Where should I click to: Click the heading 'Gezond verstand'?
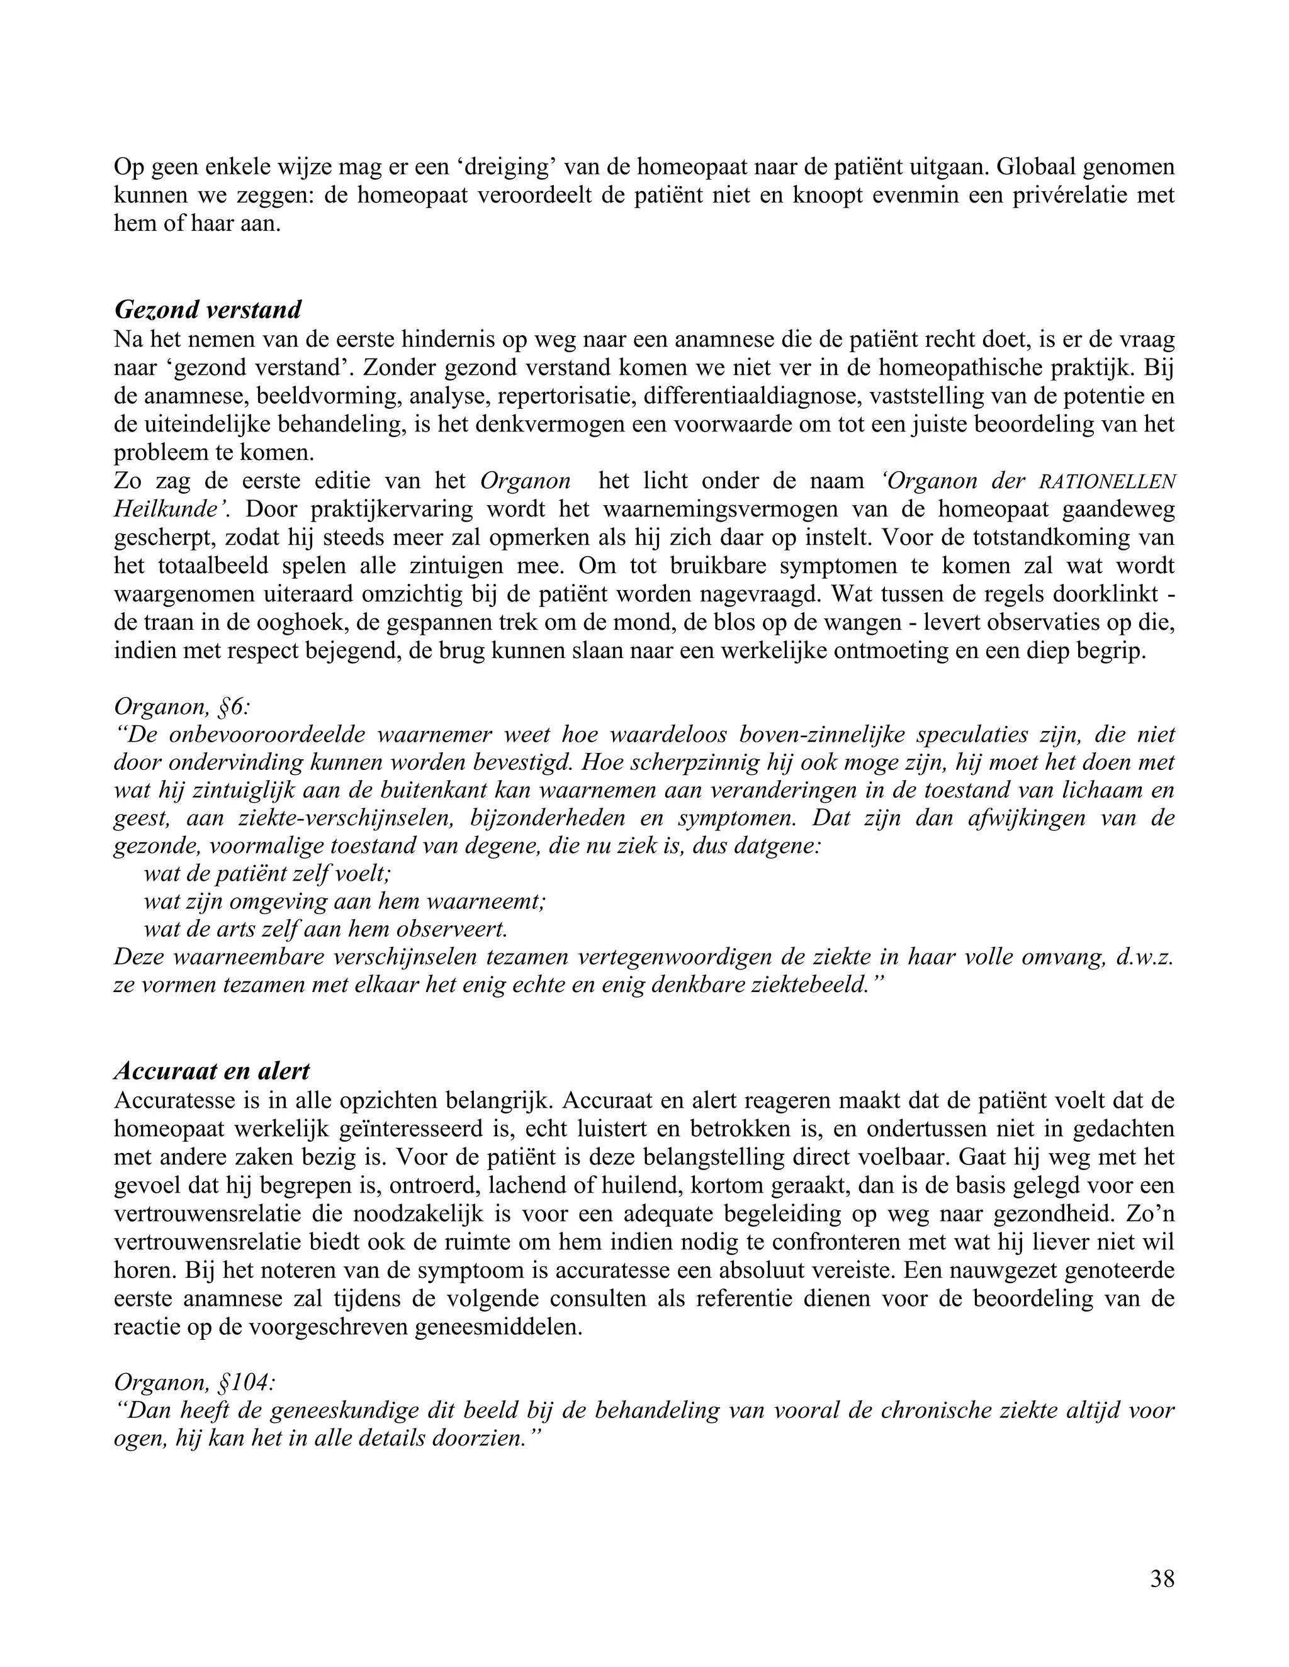click(x=208, y=310)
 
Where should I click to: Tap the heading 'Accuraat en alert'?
click(x=211, y=1072)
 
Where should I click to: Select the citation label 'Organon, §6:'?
click(x=182, y=707)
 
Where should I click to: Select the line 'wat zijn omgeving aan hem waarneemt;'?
click(x=344, y=902)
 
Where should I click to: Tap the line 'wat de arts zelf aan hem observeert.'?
click(x=325, y=930)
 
